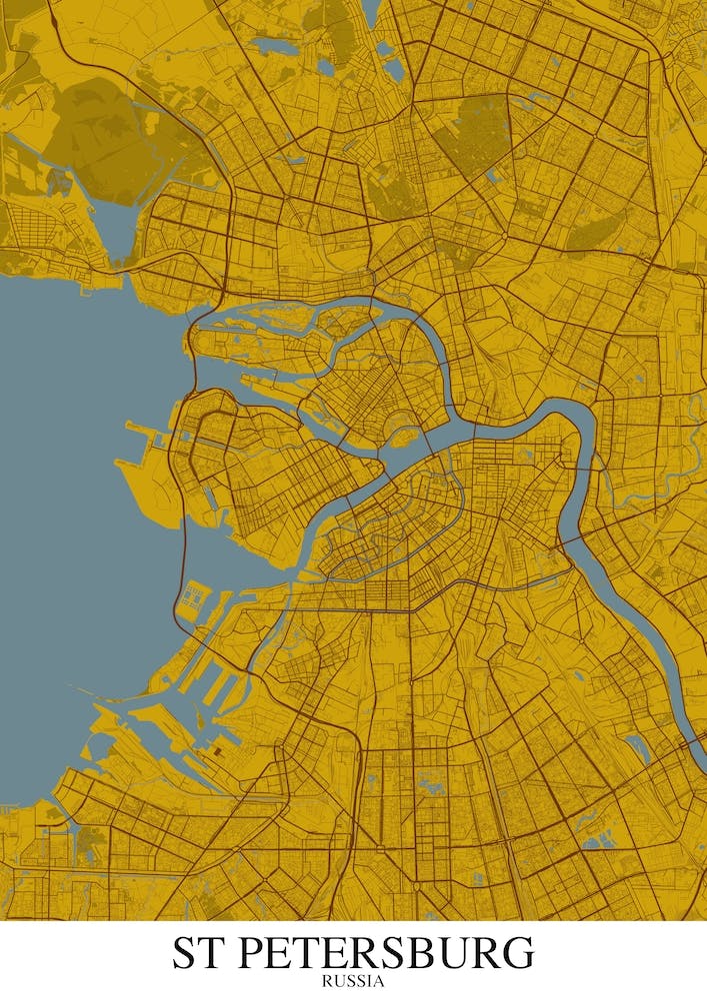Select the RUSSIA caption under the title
(353, 981)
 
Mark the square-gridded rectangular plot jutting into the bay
(193, 599)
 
